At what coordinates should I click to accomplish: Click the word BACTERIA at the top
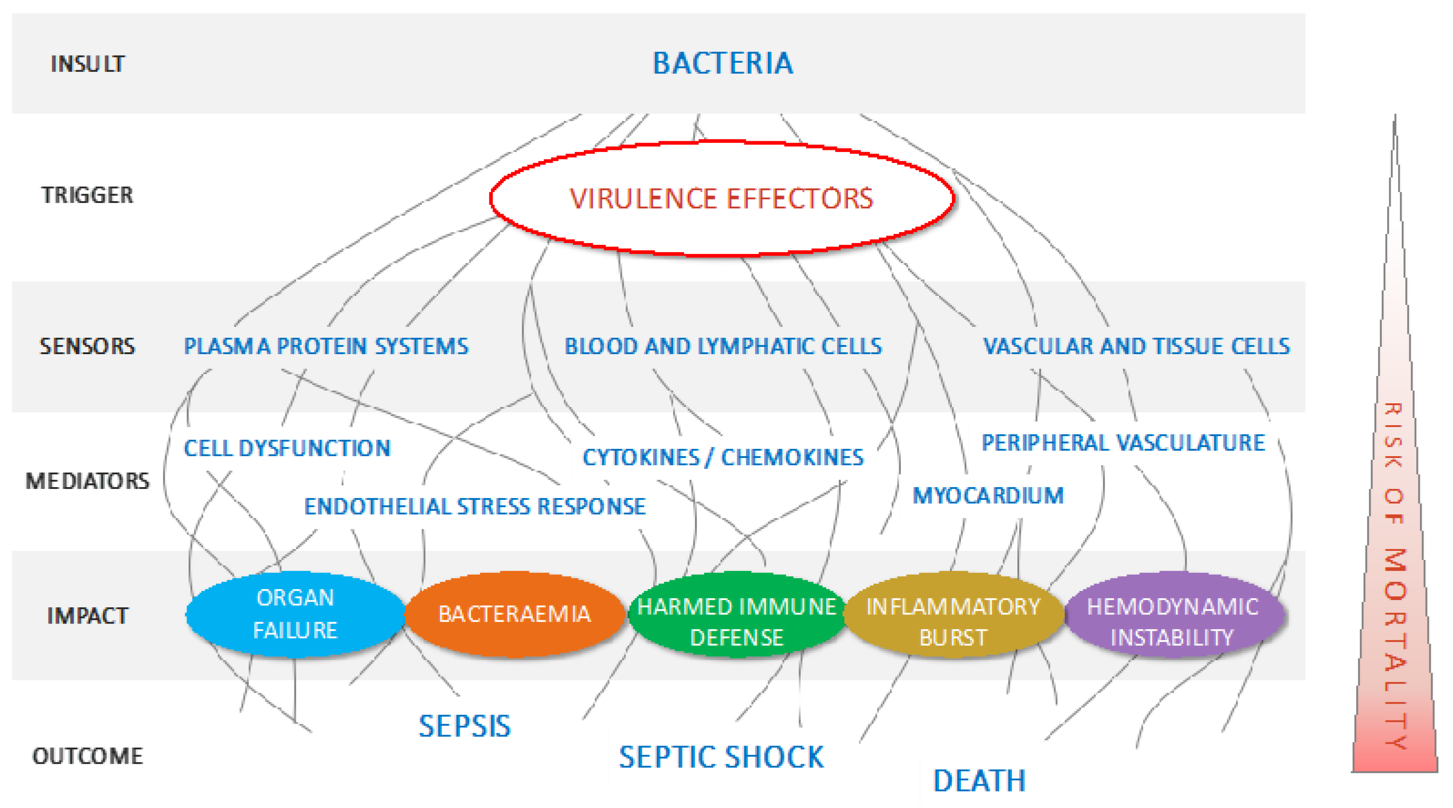(x=722, y=63)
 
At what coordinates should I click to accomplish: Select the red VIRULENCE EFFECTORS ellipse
(x=721, y=198)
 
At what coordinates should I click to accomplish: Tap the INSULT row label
(x=87, y=64)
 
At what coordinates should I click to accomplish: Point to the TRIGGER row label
(x=87, y=195)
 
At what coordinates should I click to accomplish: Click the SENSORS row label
(x=87, y=346)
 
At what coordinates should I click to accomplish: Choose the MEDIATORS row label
(x=87, y=481)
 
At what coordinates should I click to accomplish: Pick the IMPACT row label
(x=87, y=615)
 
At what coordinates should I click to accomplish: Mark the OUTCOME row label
(x=87, y=756)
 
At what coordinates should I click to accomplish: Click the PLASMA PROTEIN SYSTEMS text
(x=326, y=346)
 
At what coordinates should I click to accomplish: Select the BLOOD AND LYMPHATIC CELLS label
(x=723, y=346)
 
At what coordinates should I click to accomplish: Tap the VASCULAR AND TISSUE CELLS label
(x=1136, y=346)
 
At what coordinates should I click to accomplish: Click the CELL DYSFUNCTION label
(x=287, y=448)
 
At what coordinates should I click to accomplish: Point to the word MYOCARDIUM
(x=988, y=495)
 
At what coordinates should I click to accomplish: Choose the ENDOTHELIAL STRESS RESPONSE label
(x=474, y=506)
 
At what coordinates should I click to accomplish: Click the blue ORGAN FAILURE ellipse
(x=295, y=614)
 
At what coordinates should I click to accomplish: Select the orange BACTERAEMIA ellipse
(x=514, y=614)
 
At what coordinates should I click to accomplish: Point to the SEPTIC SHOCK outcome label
(x=721, y=757)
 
